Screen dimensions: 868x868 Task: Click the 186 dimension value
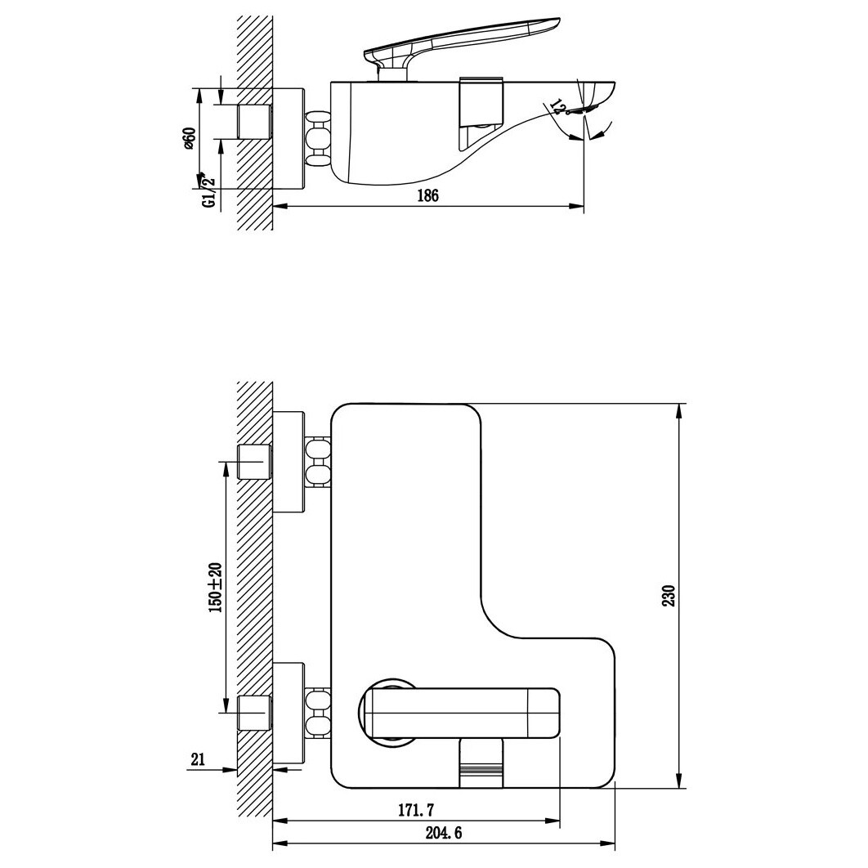(x=428, y=195)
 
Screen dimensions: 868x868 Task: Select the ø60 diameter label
(x=189, y=138)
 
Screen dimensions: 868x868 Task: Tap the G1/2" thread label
(x=208, y=193)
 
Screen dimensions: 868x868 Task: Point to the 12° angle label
(x=559, y=107)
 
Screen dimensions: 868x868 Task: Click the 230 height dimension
(x=670, y=596)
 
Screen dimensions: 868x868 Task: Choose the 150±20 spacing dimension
(x=215, y=588)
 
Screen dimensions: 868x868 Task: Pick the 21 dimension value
(x=198, y=759)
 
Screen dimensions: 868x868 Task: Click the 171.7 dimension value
(x=417, y=810)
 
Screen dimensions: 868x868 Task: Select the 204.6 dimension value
(x=444, y=833)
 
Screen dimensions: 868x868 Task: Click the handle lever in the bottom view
(x=459, y=713)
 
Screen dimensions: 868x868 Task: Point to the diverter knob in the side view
(x=481, y=100)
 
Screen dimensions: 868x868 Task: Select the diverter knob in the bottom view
(x=481, y=764)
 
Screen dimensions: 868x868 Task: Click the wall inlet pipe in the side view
(x=255, y=121)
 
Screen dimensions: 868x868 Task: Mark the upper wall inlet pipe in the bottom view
(x=255, y=462)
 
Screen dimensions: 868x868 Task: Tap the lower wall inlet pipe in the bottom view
(x=255, y=713)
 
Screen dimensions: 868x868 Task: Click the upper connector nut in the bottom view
(x=318, y=462)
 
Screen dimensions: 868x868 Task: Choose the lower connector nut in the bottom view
(x=318, y=714)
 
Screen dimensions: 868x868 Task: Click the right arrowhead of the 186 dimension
(x=576, y=207)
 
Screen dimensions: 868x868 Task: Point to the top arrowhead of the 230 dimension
(x=679, y=412)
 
